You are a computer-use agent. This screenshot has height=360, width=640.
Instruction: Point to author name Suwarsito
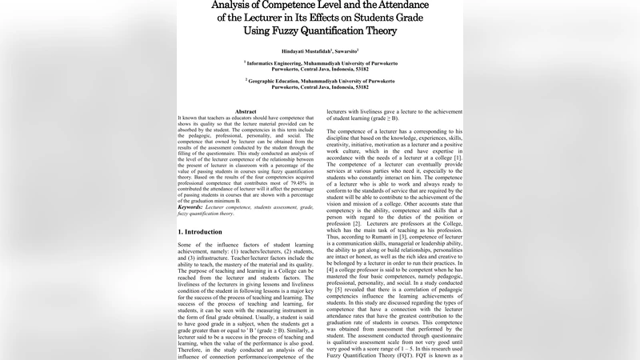pyautogui.click(x=351, y=51)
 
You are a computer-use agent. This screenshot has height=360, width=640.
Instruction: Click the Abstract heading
pyautogui.click(x=246, y=111)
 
